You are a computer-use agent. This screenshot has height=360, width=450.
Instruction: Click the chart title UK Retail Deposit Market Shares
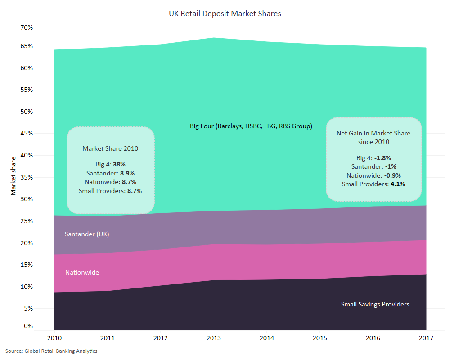coord(225,13)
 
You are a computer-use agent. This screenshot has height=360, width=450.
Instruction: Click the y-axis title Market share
coord(13,176)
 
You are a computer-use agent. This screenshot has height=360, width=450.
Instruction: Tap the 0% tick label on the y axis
coord(28,326)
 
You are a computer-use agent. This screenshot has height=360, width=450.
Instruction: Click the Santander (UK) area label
coord(87,234)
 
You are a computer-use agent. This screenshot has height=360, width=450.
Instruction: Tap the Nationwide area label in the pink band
coord(82,272)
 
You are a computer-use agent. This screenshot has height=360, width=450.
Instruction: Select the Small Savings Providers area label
coord(375,304)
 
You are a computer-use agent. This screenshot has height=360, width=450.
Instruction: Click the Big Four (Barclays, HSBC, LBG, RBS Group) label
coord(251,126)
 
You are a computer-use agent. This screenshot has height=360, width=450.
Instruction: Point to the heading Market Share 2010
coord(110,148)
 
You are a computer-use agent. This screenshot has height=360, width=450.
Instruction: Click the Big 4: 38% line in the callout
coord(110,165)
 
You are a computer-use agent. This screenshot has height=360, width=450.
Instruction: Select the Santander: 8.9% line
coord(110,173)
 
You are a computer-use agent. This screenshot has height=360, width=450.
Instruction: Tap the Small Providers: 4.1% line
coord(373,184)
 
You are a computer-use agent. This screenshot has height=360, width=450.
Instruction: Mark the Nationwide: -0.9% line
coord(373,175)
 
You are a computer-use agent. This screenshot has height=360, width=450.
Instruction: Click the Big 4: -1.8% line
coord(373,158)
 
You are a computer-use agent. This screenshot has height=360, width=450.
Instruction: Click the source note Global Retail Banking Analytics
coord(51,351)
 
